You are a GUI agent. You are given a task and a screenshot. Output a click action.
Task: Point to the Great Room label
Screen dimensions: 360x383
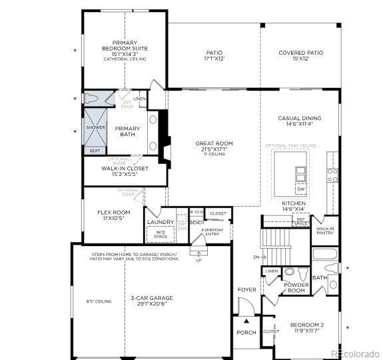[x=214, y=143]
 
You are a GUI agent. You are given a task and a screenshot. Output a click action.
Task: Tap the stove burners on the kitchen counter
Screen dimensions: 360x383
[x=332, y=175]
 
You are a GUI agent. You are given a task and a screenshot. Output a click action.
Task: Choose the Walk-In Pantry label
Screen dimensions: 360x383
[x=325, y=231]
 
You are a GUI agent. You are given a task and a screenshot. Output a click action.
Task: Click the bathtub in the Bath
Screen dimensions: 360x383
[x=326, y=255]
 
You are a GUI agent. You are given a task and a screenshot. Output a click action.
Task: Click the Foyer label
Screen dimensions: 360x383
[x=246, y=290]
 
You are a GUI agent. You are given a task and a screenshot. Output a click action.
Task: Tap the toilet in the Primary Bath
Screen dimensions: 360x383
[x=93, y=99]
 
